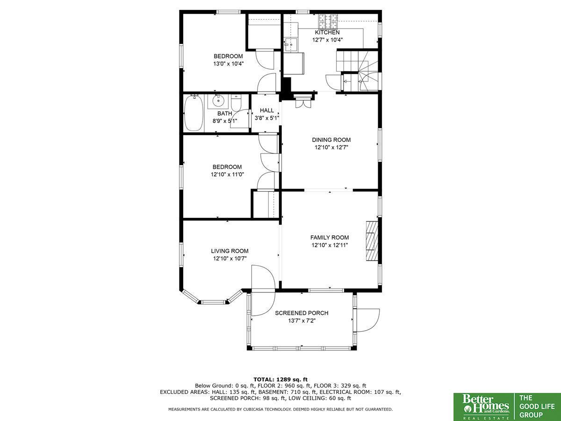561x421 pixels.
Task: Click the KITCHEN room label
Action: (x=327, y=32)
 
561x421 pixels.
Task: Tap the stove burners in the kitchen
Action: (x=328, y=21)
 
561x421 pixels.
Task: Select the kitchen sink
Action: (x=291, y=45)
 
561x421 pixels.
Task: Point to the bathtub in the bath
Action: (x=194, y=113)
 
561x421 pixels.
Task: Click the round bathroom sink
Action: (x=218, y=101)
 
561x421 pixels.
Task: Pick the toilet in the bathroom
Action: (x=236, y=102)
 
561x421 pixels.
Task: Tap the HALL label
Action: (x=267, y=110)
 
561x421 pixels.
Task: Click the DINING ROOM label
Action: (x=331, y=140)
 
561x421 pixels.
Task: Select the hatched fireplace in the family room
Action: (x=372, y=241)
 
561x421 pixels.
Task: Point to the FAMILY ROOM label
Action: (x=330, y=238)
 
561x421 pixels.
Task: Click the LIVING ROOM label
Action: (x=230, y=251)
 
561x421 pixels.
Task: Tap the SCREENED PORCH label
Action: (x=302, y=313)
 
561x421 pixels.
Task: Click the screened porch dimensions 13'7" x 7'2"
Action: (x=302, y=320)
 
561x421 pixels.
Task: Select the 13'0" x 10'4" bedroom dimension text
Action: (x=229, y=64)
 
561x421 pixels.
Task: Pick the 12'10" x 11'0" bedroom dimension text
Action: (x=227, y=174)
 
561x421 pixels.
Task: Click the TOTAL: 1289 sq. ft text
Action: (x=280, y=379)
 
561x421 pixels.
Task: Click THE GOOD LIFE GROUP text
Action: (x=537, y=406)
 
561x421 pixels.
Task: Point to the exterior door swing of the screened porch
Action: (x=367, y=320)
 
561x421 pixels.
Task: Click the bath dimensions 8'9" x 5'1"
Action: (x=225, y=121)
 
